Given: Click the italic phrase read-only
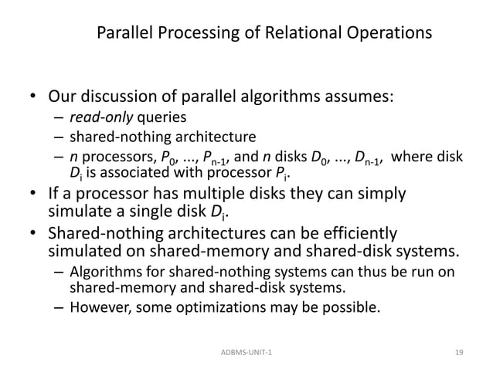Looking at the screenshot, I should pos(100,118).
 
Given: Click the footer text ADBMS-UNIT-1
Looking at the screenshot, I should pos(246,352).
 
